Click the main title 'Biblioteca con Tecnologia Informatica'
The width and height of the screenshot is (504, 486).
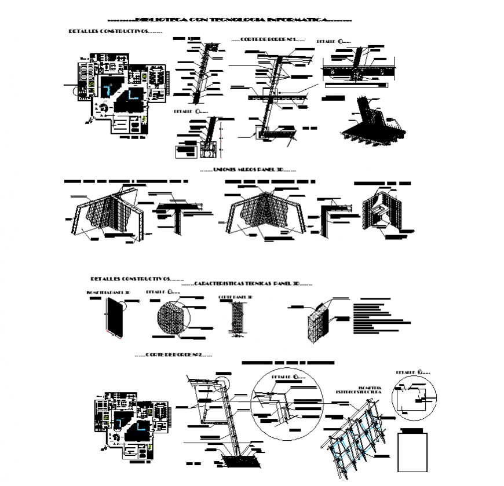pyautogui.click(x=229, y=20)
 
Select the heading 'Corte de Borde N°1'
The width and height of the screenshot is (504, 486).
pyautogui.click(x=267, y=39)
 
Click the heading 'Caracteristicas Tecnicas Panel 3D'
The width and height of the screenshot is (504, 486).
pyautogui.click(x=247, y=284)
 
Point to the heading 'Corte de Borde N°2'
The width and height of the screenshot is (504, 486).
pyautogui.click(x=173, y=354)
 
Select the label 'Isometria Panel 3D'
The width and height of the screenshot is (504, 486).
pyautogui.click(x=108, y=293)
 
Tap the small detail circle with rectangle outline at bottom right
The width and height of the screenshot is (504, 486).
pyautogui.click(x=414, y=399)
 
